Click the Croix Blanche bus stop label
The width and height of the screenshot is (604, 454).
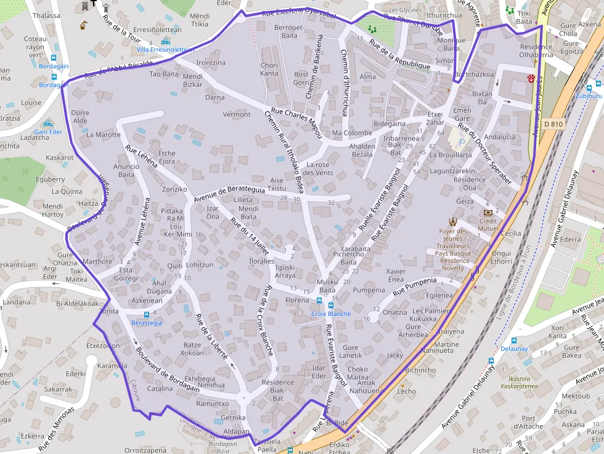click(330, 314)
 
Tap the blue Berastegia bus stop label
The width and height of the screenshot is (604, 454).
click(147, 322)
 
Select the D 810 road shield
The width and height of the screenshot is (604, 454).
click(553, 124)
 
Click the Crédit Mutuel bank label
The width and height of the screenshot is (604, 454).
click(488, 224)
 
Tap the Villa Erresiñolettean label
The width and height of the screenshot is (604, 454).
click(165, 49)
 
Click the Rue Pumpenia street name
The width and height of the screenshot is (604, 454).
click(414, 285)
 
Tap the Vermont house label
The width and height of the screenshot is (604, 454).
click(236, 114)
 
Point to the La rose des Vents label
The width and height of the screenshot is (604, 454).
click(319, 168)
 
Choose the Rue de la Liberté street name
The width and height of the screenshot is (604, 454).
click(211, 336)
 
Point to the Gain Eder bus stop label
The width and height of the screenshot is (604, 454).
click(48, 132)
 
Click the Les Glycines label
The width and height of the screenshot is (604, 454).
click(406, 10)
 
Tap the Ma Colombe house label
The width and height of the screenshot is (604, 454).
click(352, 133)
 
